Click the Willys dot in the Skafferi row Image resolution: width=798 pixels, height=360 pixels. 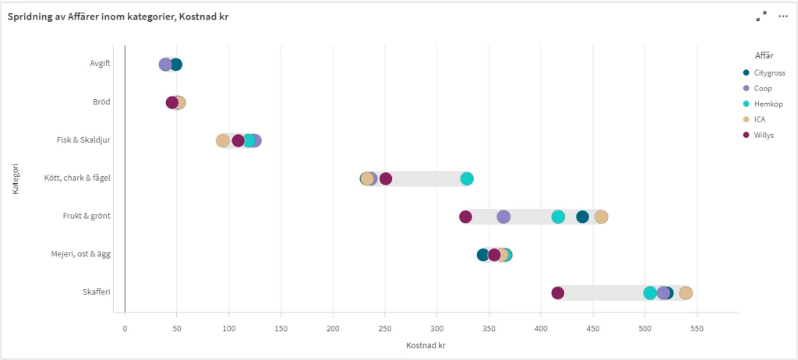(558, 293)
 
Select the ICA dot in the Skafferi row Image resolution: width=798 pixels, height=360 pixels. (686, 293)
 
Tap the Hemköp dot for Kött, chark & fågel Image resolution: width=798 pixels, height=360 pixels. (467, 178)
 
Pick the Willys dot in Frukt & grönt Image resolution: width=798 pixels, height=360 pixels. (465, 217)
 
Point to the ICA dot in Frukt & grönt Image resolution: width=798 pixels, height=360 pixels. (601, 217)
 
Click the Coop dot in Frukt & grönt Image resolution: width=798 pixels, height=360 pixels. (503, 217)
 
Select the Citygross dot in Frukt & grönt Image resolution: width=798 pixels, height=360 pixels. (582, 217)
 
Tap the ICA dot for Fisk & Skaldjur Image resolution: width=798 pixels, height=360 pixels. (223, 141)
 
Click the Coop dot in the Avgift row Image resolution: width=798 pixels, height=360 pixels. (165, 65)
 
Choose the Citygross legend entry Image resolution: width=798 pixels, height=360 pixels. (769, 73)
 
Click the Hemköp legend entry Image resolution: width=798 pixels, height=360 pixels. (768, 104)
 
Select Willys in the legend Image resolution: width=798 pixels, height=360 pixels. (764, 135)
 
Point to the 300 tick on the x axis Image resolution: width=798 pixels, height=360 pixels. (437, 328)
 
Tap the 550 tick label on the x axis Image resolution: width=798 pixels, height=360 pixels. (697, 328)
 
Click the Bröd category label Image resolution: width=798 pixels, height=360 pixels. (100, 102)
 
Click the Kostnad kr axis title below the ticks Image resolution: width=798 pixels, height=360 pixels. (426, 345)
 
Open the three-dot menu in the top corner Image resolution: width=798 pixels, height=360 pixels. (783, 16)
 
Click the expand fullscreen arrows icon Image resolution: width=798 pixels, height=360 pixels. (761, 16)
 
